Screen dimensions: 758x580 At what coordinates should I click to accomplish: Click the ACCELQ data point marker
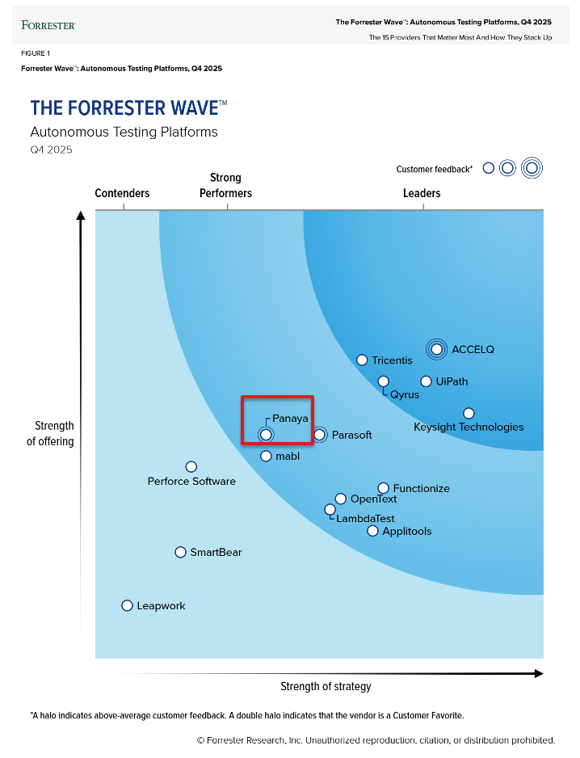click(x=437, y=349)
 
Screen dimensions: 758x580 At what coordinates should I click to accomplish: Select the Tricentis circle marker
click(x=362, y=360)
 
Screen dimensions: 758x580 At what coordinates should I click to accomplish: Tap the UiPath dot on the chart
click(x=426, y=381)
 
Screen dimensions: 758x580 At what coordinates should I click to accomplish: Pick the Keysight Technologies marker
click(x=469, y=413)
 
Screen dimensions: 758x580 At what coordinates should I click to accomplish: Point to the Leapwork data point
click(x=127, y=605)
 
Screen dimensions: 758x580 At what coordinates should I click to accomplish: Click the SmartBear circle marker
click(x=180, y=552)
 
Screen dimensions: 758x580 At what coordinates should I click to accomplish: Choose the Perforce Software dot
click(x=191, y=466)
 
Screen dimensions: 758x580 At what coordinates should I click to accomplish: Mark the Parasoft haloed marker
click(x=319, y=435)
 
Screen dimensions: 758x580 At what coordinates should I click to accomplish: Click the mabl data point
click(x=266, y=456)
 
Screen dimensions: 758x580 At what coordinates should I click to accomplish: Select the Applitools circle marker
click(x=372, y=531)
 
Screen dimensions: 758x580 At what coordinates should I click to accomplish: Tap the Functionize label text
click(x=421, y=488)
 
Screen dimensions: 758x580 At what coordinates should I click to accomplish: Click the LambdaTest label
click(x=365, y=518)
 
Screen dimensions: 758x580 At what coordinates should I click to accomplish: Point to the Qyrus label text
click(x=405, y=394)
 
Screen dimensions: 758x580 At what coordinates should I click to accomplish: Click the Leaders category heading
click(x=422, y=193)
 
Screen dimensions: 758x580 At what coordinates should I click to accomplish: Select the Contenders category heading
click(x=122, y=193)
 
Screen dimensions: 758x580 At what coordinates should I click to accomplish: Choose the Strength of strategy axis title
click(x=326, y=686)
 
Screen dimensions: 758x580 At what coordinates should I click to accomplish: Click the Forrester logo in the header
click(x=48, y=25)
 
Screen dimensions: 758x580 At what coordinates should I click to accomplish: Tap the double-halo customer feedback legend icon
click(x=531, y=168)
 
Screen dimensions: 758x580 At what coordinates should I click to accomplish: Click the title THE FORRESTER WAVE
click(x=128, y=108)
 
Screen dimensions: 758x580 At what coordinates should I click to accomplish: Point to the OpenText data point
click(x=341, y=499)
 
